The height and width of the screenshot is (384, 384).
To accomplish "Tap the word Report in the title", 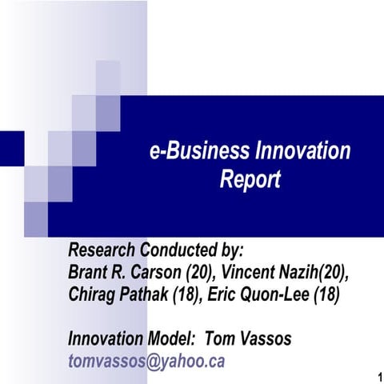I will pyautogui.click(x=250, y=181).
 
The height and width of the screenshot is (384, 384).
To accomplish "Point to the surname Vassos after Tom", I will pyautogui.click(x=265, y=339).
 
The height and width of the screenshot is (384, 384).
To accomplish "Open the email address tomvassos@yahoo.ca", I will pyautogui.click(x=147, y=362).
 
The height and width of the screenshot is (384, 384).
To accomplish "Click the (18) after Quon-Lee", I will pyautogui.click(x=326, y=294).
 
